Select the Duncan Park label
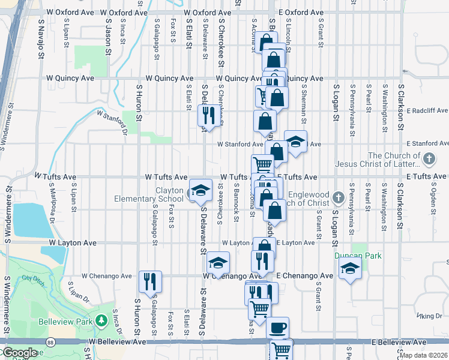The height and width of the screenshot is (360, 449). [x=359, y=256]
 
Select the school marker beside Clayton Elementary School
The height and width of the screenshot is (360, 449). [x=200, y=191]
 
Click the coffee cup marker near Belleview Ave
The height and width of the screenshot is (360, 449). [x=277, y=328]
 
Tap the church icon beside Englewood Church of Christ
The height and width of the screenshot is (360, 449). [x=339, y=197]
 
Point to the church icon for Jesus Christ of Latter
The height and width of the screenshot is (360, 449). [x=428, y=160]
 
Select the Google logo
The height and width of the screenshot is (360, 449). [x=19, y=353]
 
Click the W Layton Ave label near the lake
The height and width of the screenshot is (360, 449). [x=72, y=243]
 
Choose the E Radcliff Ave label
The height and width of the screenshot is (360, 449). [x=427, y=110]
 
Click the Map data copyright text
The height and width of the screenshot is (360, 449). [x=423, y=355]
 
